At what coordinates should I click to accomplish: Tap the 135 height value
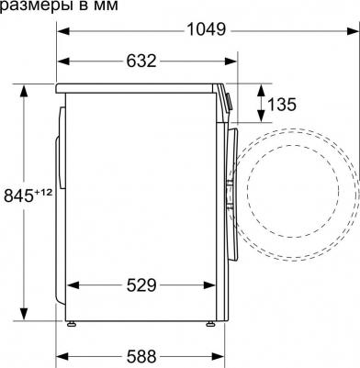[281, 104]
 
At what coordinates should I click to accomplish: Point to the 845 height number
[19, 195]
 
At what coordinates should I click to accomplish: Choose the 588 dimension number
[141, 355]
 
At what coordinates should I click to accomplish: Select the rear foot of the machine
[70, 324]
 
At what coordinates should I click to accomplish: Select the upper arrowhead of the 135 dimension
[260, 88]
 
